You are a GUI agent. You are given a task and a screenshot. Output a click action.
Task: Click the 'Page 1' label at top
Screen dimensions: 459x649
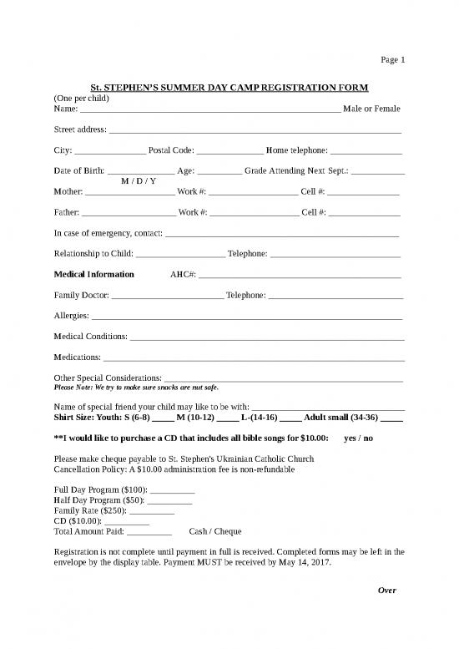coord(392,60)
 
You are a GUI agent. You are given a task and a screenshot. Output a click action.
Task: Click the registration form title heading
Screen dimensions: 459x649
coord(229,88)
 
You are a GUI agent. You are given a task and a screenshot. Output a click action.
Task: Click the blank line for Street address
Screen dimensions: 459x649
coord(255,131)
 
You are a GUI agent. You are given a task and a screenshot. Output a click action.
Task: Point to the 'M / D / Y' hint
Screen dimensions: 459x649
coord(139,181)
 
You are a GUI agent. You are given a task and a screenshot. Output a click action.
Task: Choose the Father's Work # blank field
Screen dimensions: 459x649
coord(254,214)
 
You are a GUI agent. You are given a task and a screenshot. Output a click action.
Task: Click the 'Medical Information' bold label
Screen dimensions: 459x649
coord(93,275)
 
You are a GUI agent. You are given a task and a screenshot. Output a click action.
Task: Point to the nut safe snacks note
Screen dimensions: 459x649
coord(135,388)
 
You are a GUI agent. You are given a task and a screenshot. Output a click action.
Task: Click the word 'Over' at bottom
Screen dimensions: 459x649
coord(386,591)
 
